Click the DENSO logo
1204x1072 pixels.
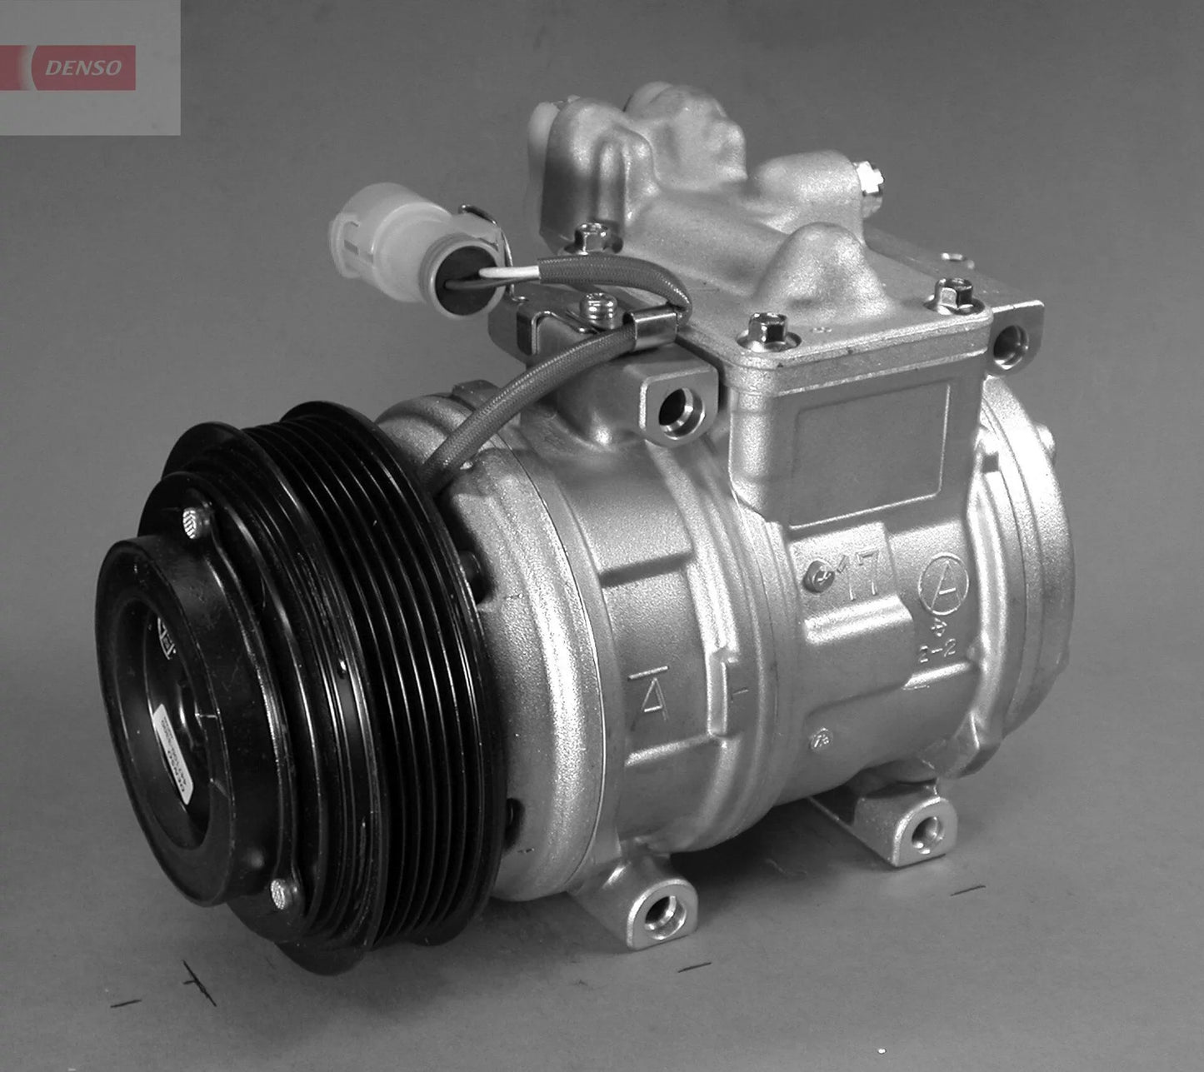pos(82,67)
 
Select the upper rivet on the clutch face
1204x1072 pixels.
pos(197,522)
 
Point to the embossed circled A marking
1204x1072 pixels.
pos(943,581)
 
